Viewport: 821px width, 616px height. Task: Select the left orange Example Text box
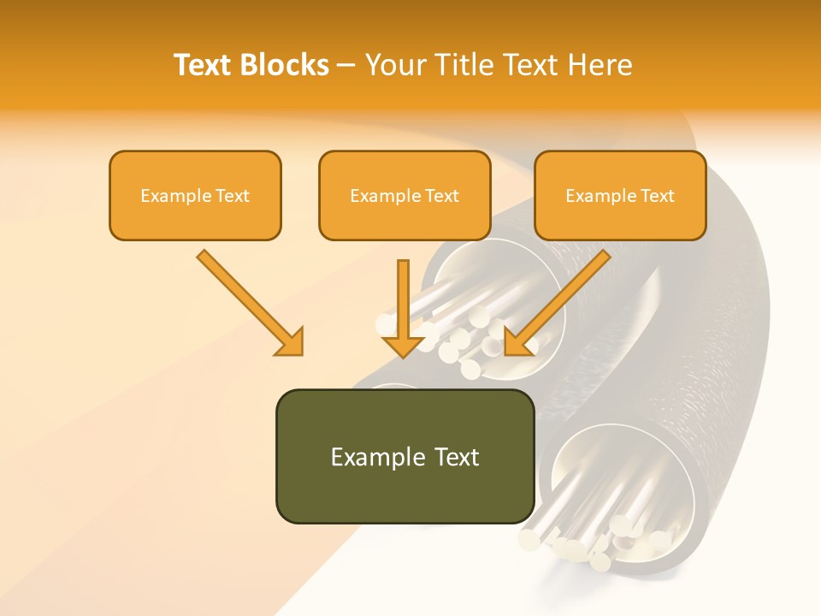[x=195, y=195]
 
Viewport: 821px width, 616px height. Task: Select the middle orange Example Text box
[x=405, y=195]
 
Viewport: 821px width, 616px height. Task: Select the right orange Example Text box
[x=620, y=195]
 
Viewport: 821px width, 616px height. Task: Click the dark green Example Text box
[x=405, y=456]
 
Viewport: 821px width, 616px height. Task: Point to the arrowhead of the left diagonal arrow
[x=291, y=342]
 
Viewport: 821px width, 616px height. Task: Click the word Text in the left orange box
[x=233, y=196]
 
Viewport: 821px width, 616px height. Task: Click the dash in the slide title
[x=346, y=66]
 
